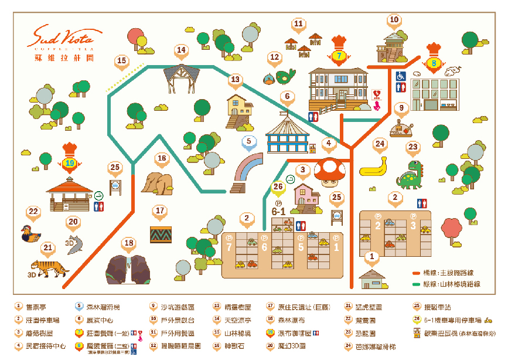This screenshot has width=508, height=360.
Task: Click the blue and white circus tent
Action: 286,134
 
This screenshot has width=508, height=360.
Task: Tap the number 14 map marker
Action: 181,50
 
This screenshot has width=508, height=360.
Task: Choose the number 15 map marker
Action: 121,61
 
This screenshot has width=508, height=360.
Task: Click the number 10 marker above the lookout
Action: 394,20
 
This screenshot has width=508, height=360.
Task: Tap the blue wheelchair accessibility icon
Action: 401,76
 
